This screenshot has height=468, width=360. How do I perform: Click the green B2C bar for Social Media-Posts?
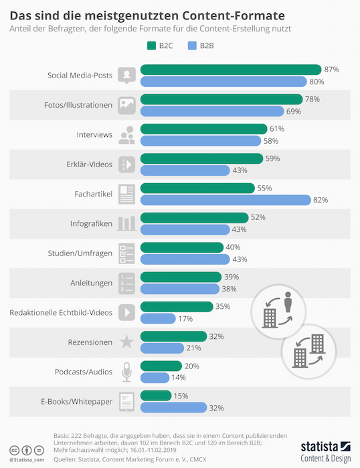(x=231, y=70)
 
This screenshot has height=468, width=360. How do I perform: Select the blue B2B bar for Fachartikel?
(x=226, y=200)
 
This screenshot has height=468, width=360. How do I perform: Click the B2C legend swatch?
(x=151, y=46)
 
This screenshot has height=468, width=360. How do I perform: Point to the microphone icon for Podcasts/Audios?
(x=126, y=371)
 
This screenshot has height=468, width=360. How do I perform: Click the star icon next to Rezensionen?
(x=126, y=342)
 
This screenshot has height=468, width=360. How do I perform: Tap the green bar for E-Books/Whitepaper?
(x=156, y=396)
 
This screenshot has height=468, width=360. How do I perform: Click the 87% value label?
(x=331, y=70)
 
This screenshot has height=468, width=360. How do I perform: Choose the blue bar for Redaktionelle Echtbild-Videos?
(x=158, y=318)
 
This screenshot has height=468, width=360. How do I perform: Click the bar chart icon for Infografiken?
(x=126, y=223)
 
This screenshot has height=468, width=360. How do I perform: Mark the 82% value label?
(x=321, y=200)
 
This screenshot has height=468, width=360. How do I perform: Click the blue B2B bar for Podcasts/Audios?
(x=155, y=378)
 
